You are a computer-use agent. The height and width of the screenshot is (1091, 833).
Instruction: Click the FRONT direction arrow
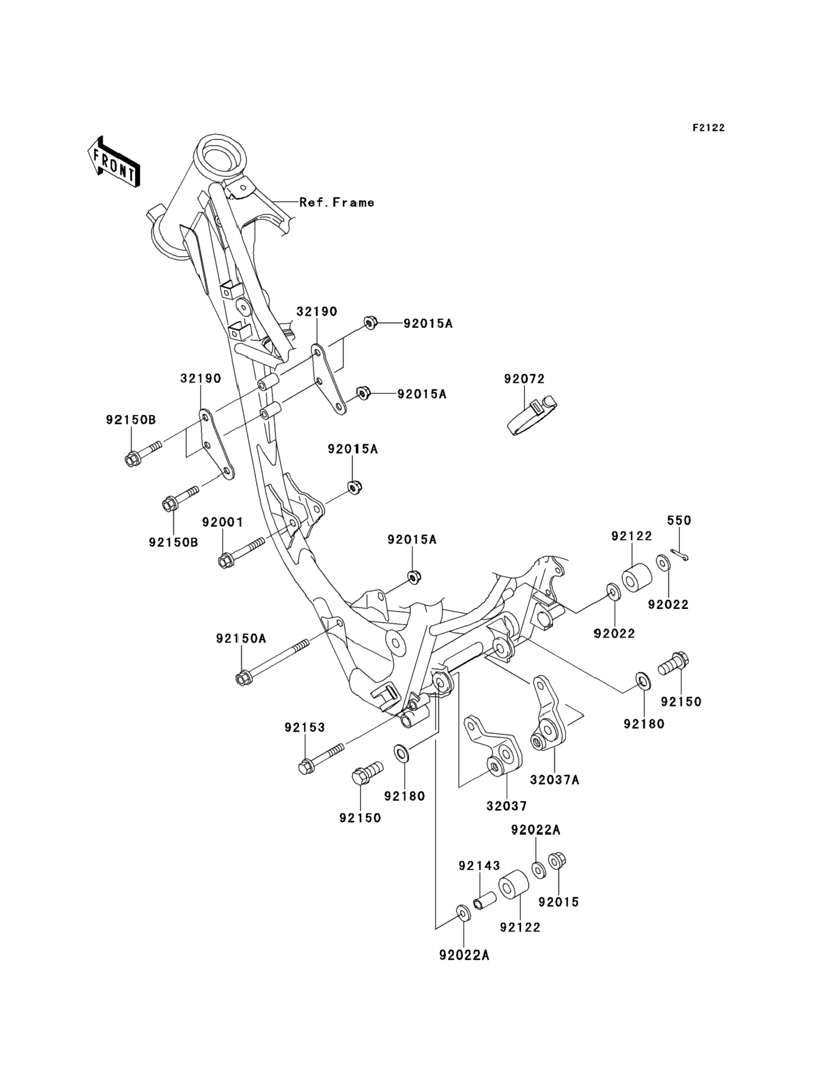114,162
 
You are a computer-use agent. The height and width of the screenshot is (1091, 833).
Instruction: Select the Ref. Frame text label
337,202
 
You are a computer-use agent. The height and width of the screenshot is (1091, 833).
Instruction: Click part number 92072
524,379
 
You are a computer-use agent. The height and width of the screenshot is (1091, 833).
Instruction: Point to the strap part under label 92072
532,416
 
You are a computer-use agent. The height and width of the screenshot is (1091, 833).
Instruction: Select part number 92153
304,727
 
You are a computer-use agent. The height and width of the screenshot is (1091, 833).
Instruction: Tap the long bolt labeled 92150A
272,662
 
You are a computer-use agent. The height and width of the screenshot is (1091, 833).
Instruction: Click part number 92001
223,522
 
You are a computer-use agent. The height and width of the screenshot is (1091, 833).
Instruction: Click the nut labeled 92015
557,861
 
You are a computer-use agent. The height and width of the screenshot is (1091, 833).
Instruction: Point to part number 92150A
241,639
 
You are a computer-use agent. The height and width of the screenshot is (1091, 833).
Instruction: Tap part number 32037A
555,780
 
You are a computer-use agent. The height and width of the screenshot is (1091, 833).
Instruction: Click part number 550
679,520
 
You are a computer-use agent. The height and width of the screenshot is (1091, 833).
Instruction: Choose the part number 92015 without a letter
558,902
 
